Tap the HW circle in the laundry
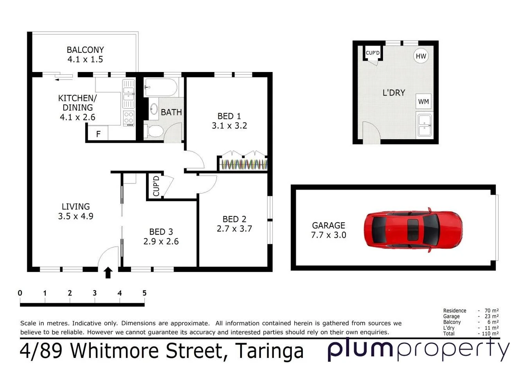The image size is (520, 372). pyautogui.click(x=421, y=56)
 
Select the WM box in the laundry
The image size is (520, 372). pyautogui.click(x=423, y=102)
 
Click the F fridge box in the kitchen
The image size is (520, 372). pyautogui.click(x=98, y=134)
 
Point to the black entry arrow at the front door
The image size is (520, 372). pyautogui.click(x=108, y=273)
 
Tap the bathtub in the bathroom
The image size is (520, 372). pyautogui.click(x=161, y=87)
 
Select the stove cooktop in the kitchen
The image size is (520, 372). pyautogui.click(x=129, y=118)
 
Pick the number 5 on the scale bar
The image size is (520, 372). pyautogui.click(x=144, y=293)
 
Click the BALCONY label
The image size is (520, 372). pyautogui.click(x=85, y=50)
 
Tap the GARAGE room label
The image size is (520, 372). pyautogui.click(x=328, y=225)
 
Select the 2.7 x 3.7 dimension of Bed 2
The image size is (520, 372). pyautogui.click(x=234, y=229)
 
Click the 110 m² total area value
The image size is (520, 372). pyautogui.click(x=490, y=334)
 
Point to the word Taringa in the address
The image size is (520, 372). pyautogui.click(x=269, y=351)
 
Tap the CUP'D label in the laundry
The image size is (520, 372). pyautogui.click(x=372, y=53)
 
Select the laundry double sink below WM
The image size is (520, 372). pyautogui.click(x=425, y=125)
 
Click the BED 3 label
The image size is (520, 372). pyautogui.click(x=161, y=232)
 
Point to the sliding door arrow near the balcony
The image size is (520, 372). pyautogui.click(x=63, y=80)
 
